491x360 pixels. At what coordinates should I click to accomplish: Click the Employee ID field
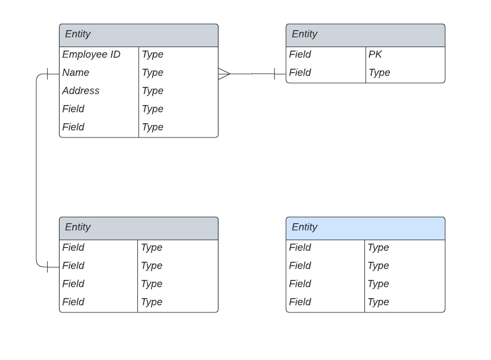coord(91,55)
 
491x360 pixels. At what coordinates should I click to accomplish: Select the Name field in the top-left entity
coord(76,73)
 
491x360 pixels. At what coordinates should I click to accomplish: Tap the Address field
coord(81,91)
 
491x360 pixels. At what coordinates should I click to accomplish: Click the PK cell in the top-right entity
coord(375,55)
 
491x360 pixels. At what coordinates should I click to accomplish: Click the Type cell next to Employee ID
coord(153,55)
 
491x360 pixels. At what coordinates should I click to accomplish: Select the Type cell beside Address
coord(153,91)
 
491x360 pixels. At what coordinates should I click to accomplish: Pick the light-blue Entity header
coord(365,228)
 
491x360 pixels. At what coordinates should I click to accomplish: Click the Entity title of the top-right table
coord(305,34)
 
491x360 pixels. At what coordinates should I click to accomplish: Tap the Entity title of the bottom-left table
coord(78,227)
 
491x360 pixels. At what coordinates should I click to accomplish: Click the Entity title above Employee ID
coord(78,34)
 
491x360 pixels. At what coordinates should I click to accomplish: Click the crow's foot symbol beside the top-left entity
coord(224,73)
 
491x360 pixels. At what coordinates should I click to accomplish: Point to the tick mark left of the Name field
coord(47,73)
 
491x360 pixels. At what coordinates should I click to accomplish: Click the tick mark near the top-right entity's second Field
coord(275,73)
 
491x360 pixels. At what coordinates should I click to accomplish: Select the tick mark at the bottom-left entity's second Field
coord(47,266)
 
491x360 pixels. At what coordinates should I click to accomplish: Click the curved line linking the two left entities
coord(36,170)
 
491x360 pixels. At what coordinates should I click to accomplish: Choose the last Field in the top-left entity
coord(73,127)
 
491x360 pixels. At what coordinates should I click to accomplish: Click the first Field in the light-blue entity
coord(300,248)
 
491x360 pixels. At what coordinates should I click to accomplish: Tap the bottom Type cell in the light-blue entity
coord(379,302)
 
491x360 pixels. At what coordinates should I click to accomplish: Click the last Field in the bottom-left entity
coord(73,302)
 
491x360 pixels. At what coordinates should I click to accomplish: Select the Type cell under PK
coord(380,73)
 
